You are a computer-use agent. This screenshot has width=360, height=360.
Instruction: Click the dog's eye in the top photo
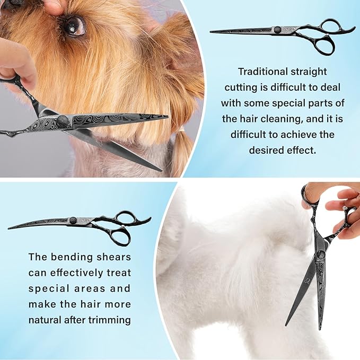click(x=73, y=25)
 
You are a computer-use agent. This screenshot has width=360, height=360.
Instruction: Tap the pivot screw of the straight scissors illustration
click(x=277, y=30)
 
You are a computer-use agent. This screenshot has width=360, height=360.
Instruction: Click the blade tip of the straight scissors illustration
click(x=212, y=32)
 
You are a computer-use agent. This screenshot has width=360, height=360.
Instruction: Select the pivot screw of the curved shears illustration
click(x=73, y=220)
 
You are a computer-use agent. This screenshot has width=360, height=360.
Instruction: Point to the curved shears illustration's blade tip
click(x=10, y=228)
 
